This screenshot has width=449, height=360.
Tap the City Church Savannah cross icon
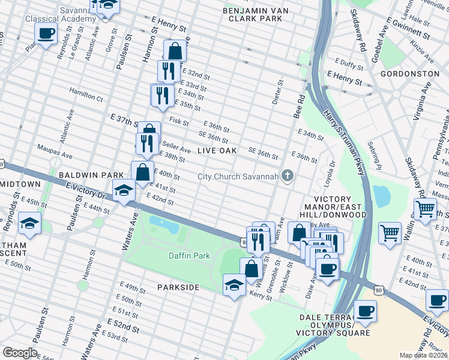pos(288,176)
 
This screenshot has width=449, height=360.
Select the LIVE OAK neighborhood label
pos(217,150)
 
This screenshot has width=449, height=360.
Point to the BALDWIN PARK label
pos(82,175)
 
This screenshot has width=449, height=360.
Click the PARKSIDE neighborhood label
pos(178,287)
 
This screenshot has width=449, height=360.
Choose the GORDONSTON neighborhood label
pos(409,73)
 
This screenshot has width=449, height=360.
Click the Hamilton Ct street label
pos(86,95)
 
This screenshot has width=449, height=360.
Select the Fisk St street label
pos(179,120)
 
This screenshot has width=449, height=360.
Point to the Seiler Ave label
pos(176,149)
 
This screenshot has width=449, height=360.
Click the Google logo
pos(20,353)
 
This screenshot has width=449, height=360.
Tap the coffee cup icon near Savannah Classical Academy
pos(46,34)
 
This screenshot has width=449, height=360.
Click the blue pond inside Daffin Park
pos(164,224)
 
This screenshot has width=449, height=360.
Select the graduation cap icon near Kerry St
pos(234,284)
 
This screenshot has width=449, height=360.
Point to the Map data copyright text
pos(424,355)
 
